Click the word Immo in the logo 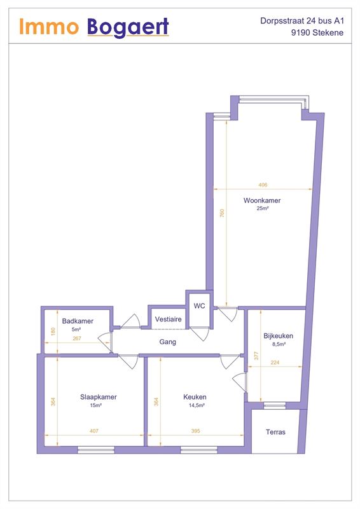point(49,26)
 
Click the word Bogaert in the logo point(128,27)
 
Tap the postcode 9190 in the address point(301,33)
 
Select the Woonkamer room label point(262,200)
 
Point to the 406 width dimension point(263,185)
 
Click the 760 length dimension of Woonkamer point(222,213)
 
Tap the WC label point(199,306)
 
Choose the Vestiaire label point(168,319)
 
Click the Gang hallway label point(168,342)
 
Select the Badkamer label point(78,321)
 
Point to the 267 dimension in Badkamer point(77,338)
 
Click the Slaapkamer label point(99,396)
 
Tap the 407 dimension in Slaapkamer point(93,431)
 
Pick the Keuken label point(195,396)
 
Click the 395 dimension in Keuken point(196,431)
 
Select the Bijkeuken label point(278,336)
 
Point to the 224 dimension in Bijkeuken point(275,363)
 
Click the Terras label point(275,432)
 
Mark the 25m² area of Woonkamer point(263,209)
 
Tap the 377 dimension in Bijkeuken point(256,356)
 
